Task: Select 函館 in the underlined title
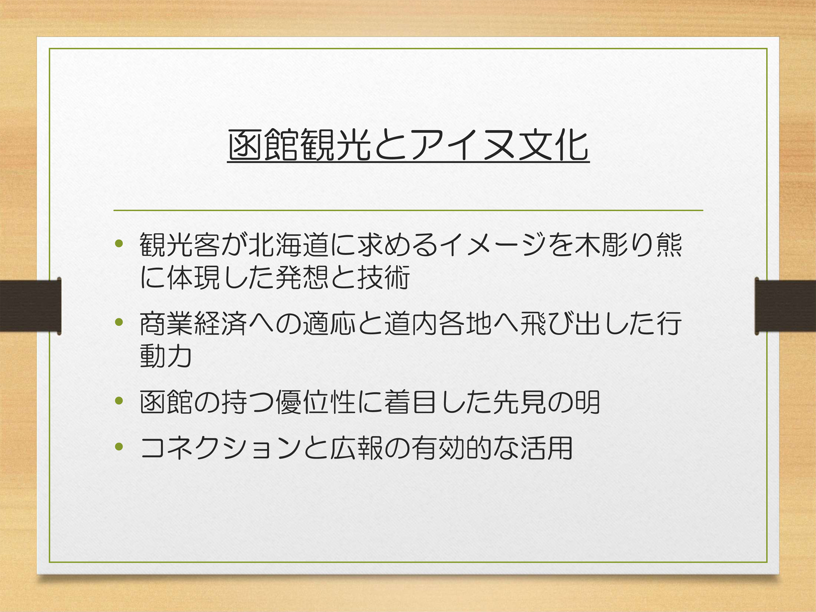(263, 145)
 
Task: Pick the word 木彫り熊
(628, 245)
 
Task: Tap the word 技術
(384, 278)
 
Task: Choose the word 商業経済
(193, 324)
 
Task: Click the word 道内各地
(438, 324)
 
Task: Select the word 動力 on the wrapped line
(166, 356)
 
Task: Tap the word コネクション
(221, 448)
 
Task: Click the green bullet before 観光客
(119, 244)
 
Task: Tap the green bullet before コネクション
(119, 447)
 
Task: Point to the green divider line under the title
(408, 211)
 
